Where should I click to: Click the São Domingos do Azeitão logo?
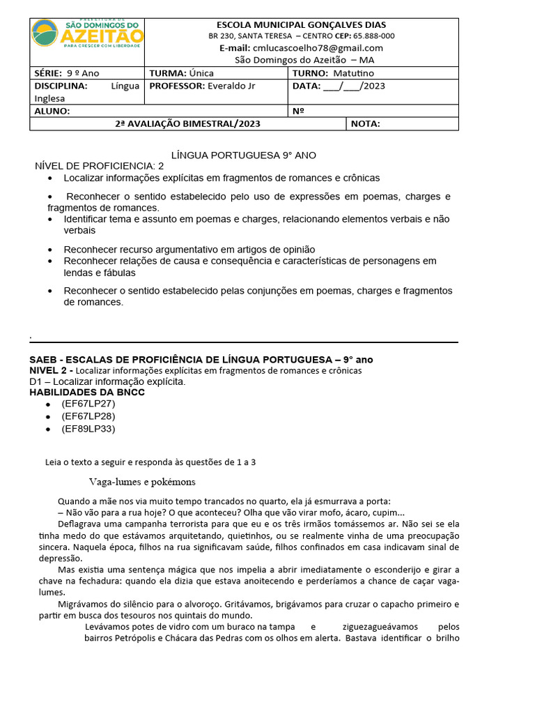pyautogui.click(x=88, y=34)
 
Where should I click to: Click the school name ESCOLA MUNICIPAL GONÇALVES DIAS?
pyautogui.click(x=302, y=25)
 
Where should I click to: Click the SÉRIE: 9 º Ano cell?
pyautogui.click(x=64, y=73)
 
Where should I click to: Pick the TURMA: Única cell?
pyautogui.click(x=182, y=73)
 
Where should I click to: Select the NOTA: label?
pyautogui.click(x=366, y=124)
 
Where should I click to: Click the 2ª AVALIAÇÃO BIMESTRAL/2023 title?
pyautogui.click(x=187, y=124)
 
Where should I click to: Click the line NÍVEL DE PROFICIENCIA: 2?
pyautogui.click(x=100, y=166)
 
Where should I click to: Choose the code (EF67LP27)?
pyautogui.click(x=88, y=404)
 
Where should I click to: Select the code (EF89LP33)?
pyautogui.click(x=88, y=429)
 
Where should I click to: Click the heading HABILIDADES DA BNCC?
pyautogui.click(x=87, y=392)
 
